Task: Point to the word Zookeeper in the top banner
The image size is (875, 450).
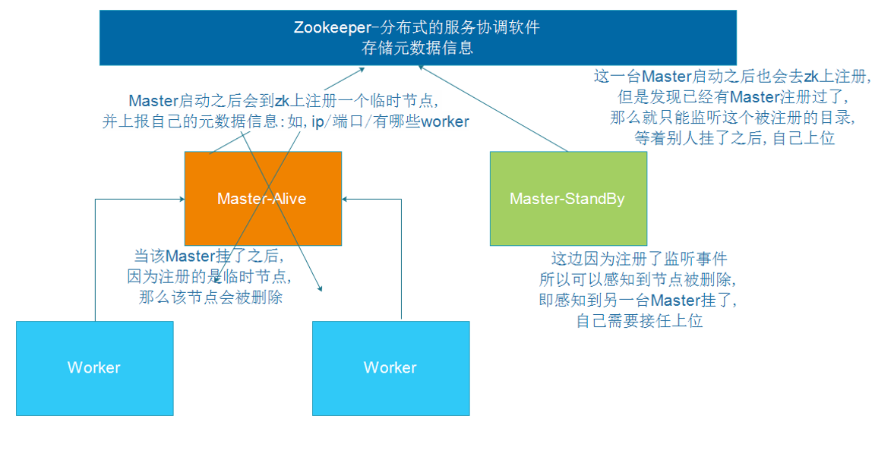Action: (x=330, y=27)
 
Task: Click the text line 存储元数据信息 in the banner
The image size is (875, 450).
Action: (x=418, y=48)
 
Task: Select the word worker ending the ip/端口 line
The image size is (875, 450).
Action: (x=445, y=121)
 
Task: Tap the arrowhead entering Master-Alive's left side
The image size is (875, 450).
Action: (x=181, y=200)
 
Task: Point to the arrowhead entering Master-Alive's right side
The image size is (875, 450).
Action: (x=346, y=200)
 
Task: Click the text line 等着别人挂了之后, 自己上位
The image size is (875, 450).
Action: (x=734, y=139)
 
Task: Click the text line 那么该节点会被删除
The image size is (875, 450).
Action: (x=210, y=297)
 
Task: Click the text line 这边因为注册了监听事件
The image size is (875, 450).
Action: (x=639, y=259)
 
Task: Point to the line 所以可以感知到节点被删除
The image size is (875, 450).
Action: (x=639, y=278)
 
